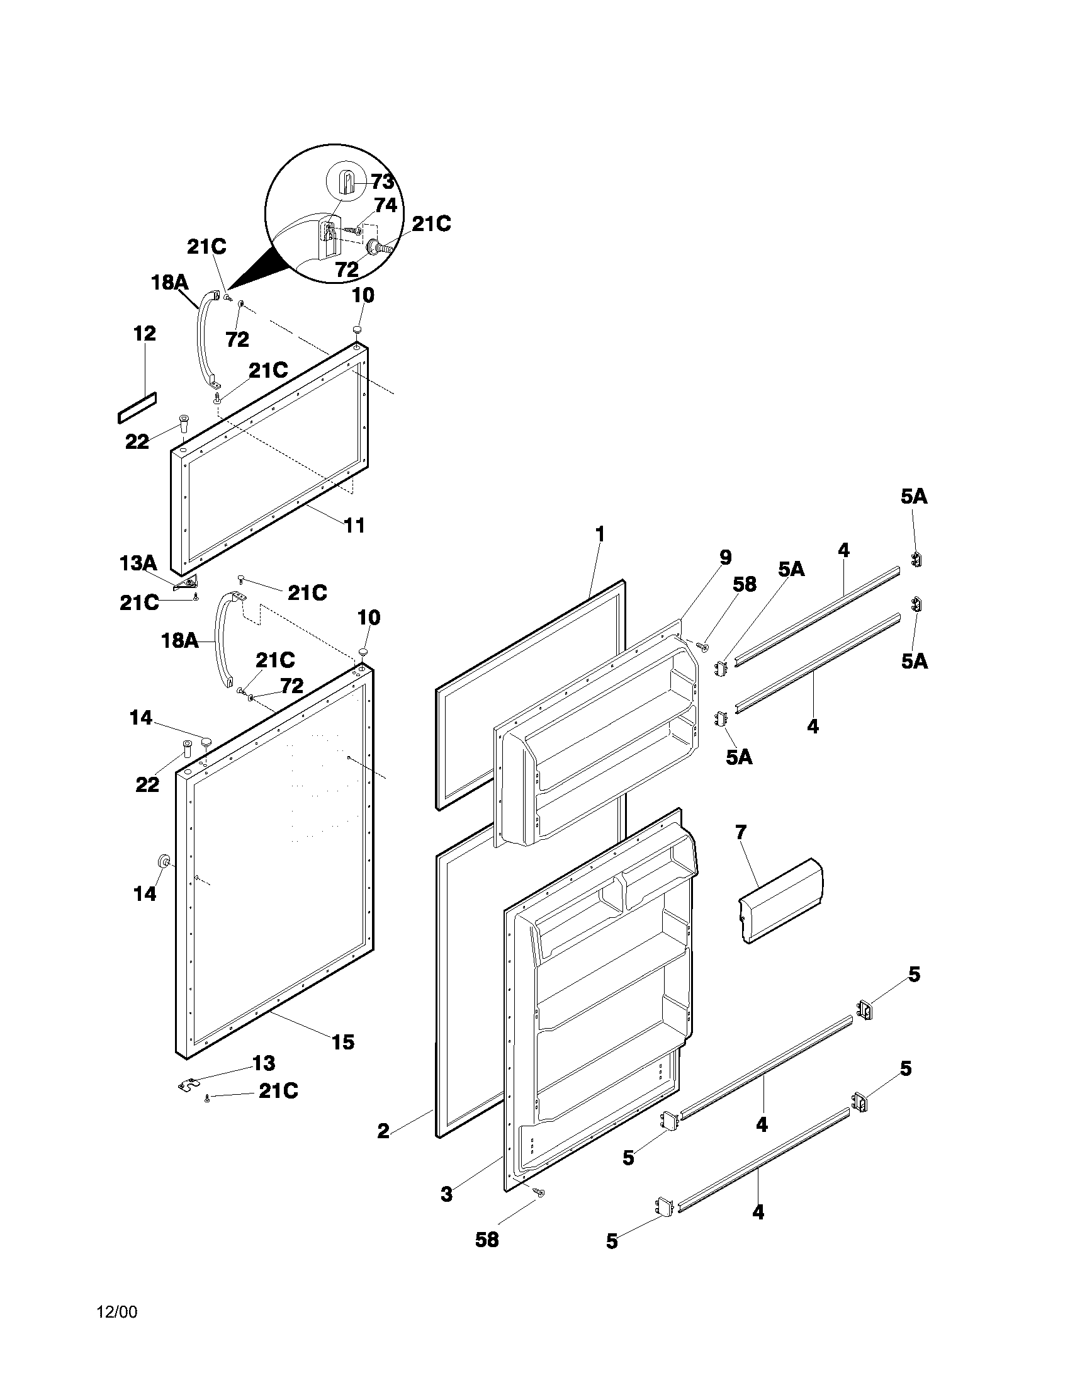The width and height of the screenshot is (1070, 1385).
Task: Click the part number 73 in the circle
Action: [383, 182]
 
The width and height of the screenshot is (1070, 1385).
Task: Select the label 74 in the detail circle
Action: [385, 205]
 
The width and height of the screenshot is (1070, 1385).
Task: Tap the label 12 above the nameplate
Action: [145, 334]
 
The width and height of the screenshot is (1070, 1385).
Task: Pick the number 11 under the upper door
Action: [354, 525]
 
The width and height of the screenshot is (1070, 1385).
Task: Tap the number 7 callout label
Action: [741, 832]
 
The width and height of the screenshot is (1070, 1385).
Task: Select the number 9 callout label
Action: [725, 557]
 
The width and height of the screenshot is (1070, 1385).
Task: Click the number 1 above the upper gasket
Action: [600, 534]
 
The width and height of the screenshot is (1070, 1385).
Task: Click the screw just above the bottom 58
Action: [540, 1192]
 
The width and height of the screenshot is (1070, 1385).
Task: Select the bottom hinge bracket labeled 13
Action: [188, 1087]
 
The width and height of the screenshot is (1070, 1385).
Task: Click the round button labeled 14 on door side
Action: [164, 861]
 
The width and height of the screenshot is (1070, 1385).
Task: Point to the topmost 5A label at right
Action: [913, 497]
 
